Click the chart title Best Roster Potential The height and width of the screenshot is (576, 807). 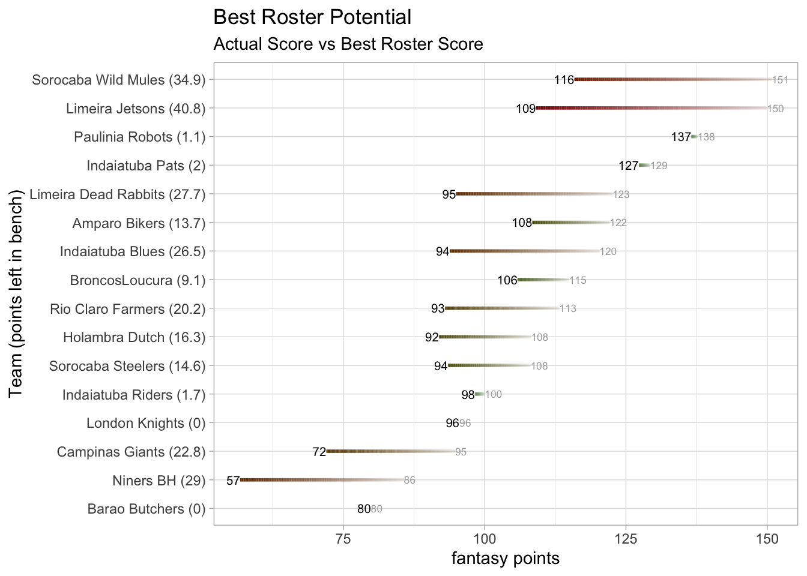pos(312,17)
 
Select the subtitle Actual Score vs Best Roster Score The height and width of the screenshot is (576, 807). pos(348,44)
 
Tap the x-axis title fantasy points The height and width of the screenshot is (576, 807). pos(505,559)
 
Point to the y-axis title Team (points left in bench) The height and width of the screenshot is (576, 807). pos(16,293)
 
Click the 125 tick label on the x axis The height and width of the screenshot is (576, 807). pos(626,539)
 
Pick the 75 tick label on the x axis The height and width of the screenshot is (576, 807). pos(343,539)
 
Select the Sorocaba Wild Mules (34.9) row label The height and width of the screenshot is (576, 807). pos(118,80)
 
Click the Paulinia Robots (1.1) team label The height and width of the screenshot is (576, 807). pos(139,137)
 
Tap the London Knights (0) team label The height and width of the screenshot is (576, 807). pos(146,424)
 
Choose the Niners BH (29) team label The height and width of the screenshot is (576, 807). pos(159,481)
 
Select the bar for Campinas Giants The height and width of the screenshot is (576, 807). pos(390,451)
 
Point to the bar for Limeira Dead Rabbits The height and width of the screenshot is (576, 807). pos(534,194)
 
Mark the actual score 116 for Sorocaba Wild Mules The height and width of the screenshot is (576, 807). pos(564,80)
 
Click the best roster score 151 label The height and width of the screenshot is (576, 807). pos(780,80)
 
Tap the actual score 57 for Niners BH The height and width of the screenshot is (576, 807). pos(233,481)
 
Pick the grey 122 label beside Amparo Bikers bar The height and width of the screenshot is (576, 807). pos(618,223)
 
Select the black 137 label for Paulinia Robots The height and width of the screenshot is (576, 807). pos(681,137)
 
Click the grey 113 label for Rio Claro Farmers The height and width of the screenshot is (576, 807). pos(568,309)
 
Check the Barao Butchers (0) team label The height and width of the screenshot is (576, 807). pos(146,509)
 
